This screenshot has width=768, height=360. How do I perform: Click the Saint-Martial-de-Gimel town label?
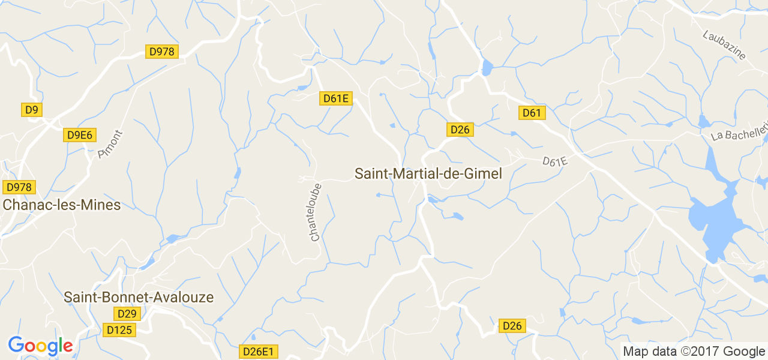[428, 173]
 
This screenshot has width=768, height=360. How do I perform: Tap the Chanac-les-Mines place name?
[62, 205]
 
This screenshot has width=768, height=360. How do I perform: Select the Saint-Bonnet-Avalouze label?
[139, 297]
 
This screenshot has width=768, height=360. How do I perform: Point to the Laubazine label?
[724, 45]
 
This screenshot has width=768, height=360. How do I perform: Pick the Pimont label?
[110, 145]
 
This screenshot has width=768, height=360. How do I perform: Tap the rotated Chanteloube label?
[316, 212]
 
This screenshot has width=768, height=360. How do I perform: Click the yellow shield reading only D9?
[31, 109]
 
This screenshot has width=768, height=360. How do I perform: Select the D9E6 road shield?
[80, 135]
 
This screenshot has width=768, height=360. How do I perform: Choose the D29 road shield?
[127, 314]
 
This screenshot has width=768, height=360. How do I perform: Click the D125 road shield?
[119, 329]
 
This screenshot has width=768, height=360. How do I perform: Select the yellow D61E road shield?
[335, 98]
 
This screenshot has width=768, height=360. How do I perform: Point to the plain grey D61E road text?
[555, 162]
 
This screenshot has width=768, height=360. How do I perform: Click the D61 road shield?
[532, 113]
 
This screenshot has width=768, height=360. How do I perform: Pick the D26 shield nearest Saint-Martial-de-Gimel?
[460, 129]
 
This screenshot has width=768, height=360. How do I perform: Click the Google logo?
[40, 346]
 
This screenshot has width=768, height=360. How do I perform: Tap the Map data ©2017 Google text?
[694, 352]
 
